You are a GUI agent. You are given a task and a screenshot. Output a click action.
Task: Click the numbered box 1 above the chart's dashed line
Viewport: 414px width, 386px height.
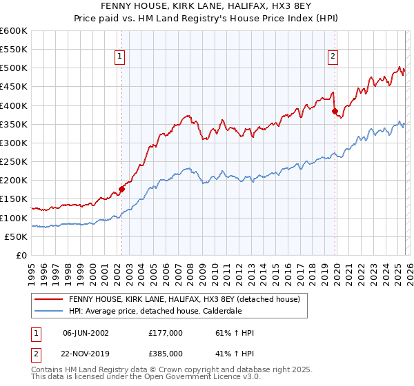click(120, 57)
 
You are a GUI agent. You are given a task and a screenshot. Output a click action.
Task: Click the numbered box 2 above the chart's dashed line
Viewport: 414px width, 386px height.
click(333, 57)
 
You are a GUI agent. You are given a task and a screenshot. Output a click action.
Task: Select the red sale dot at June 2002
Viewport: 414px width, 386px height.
click(121, 188)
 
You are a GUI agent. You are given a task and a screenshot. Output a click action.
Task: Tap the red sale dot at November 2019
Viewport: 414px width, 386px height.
click(335, 110)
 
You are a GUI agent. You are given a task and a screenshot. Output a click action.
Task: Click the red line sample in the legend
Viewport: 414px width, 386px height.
click(48, 300)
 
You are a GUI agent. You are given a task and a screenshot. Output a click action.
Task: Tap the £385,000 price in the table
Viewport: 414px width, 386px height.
click(165, 353)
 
